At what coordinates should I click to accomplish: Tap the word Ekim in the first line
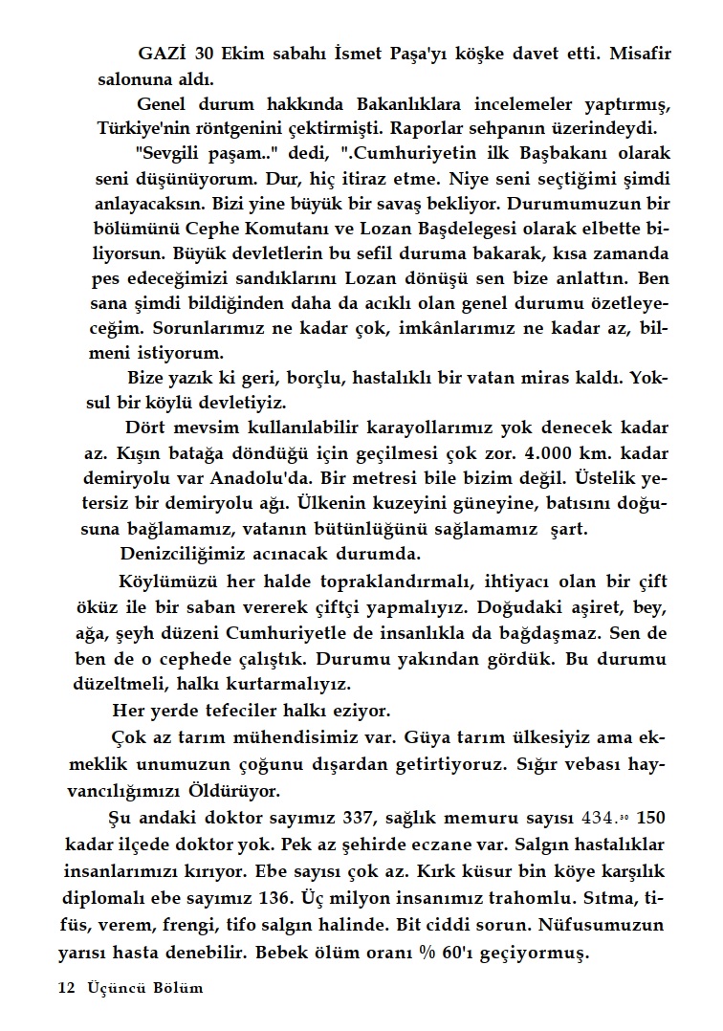pyautogui.click(x=243, y=55)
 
